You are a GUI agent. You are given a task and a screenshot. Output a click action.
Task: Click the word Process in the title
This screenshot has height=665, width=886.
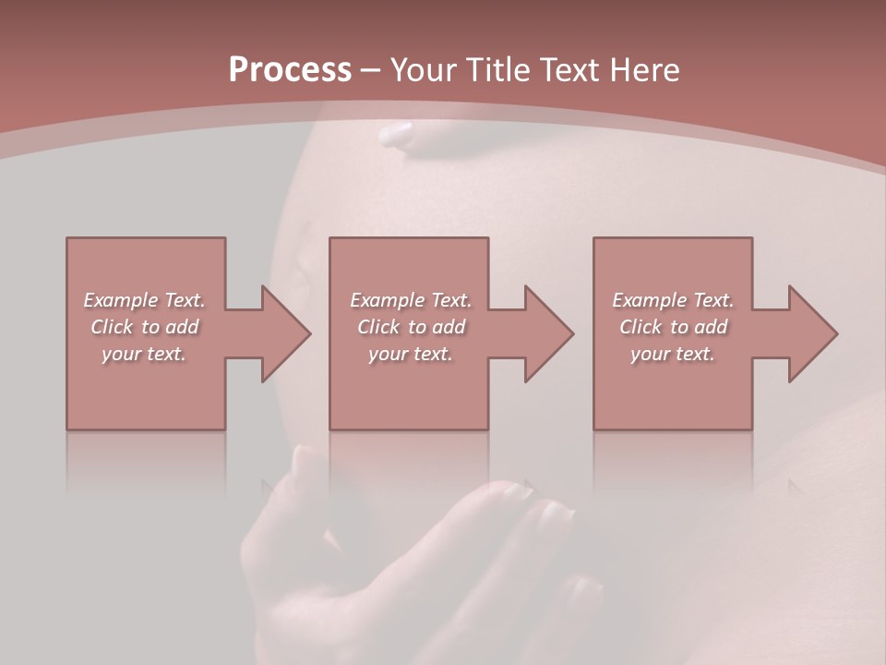290,70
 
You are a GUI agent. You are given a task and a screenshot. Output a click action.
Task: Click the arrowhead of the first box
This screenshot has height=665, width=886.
286,333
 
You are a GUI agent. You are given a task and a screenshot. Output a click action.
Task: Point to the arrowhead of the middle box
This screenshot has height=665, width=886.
549,333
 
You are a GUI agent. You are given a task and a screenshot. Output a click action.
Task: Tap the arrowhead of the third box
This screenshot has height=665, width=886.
813,333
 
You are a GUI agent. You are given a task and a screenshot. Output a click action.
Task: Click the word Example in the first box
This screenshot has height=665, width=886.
121,300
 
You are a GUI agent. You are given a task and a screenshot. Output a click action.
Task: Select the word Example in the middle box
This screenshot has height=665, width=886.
388,300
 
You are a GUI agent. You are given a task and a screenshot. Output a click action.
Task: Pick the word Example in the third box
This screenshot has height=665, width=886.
650,300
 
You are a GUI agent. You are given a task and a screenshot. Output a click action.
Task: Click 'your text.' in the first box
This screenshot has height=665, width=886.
144,354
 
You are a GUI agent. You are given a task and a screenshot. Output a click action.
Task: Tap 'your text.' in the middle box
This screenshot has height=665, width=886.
411,354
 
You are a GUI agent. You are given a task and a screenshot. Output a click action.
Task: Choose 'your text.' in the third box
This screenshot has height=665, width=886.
673,354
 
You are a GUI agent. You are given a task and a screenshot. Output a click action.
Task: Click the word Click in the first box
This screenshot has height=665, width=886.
111,327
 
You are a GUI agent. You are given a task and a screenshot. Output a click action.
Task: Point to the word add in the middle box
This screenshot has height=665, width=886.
449,327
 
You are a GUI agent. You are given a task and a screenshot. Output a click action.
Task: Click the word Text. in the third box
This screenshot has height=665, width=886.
712,300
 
